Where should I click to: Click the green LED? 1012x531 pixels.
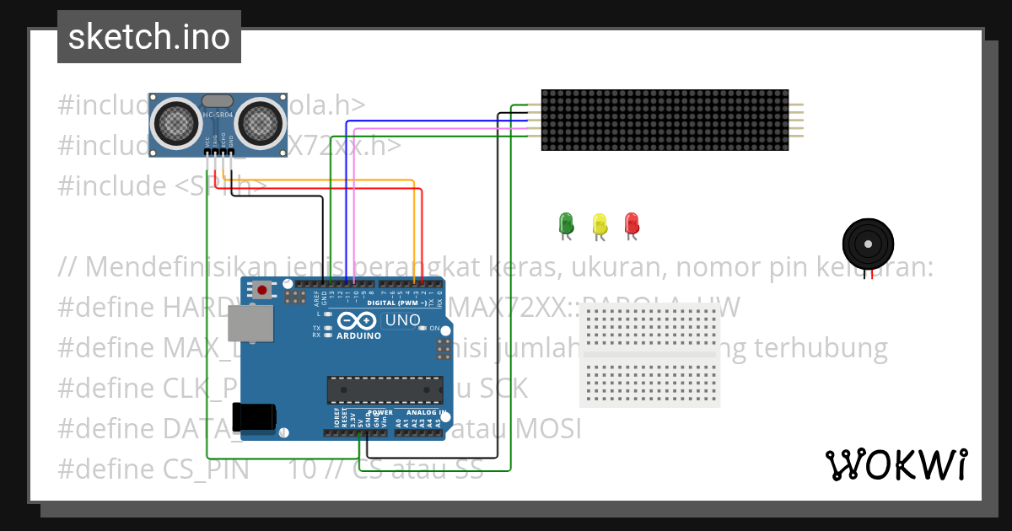(x=566, y=223)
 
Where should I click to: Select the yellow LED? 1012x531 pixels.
(x=600, y=223)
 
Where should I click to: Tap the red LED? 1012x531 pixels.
(x=632, y=223)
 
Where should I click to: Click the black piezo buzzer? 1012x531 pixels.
(x=866, y=243)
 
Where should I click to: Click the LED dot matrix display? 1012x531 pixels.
(x=665, y=120)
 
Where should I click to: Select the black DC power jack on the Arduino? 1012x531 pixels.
(x=255, y=417)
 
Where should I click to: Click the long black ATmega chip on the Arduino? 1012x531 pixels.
(x=385, y=389)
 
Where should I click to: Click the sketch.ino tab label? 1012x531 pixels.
(x=149, y=37)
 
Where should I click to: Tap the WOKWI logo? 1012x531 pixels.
(x=896, y=464)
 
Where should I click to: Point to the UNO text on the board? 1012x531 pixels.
(x=402, y=320)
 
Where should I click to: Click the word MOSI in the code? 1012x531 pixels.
(x=548, y=429)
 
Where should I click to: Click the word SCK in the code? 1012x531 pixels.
(x=503, y=389)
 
